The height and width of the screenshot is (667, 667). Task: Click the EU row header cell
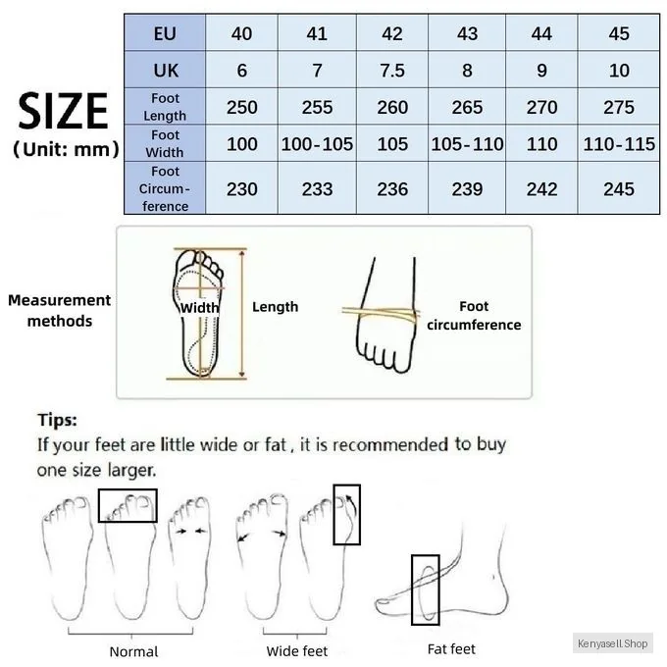[165, 32]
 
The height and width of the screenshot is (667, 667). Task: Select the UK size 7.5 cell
[392, 70]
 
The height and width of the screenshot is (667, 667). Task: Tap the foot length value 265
[467, 107]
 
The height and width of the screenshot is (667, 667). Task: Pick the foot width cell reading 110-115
[619, 144]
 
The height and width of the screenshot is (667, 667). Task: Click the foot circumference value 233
[317, 189]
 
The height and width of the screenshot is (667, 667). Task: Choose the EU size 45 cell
[619, 32]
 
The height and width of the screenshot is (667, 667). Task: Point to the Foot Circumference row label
[165, 188]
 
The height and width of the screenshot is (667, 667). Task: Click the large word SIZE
[63, 111]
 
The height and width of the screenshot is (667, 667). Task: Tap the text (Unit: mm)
[66, 149]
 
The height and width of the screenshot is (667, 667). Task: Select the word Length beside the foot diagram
[275, 307]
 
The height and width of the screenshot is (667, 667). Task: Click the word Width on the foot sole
[199, 307]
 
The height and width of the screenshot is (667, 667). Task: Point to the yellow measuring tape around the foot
[381, 314]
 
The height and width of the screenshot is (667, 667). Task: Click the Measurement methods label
[59, 310]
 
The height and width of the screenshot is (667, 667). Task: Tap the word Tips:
[58, 420]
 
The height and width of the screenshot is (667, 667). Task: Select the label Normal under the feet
[133, 651]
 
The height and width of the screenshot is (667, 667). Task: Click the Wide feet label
[297, 651]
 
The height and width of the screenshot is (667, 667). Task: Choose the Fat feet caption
[451, 649]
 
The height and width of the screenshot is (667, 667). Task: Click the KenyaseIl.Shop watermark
[612, 643]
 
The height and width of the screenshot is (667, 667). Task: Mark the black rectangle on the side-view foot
[412, 590]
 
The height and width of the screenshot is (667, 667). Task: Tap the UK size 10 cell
[619, 70]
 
